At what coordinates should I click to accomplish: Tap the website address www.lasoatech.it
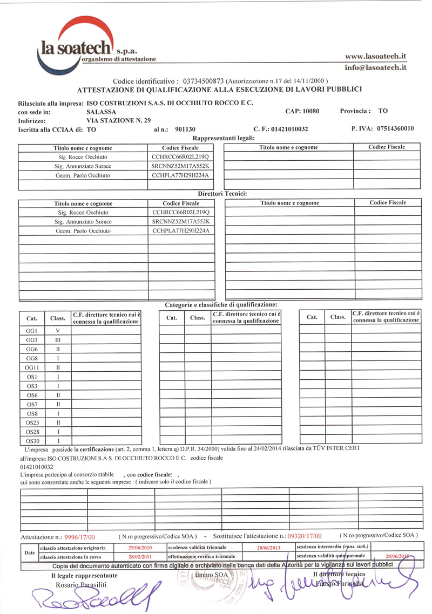(x=375, y=56)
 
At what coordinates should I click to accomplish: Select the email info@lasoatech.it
(x=375, y=68)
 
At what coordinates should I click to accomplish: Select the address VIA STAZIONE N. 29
(x=119, y=120)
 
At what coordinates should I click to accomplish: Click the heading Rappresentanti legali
(x=224, y=138)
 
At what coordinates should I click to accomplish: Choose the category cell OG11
(x=31, y=367)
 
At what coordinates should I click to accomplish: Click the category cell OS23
(x=31, y=422)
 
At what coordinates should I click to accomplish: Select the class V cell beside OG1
(x=57, y=330)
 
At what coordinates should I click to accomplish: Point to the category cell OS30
(x=31, y=441)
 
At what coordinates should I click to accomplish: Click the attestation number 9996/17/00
(x=79, y=537)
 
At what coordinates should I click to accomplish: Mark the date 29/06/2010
(x=139, y=548)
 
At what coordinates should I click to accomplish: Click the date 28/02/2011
(x=139, y=556)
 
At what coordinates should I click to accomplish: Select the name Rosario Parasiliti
(x=80, y=585)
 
